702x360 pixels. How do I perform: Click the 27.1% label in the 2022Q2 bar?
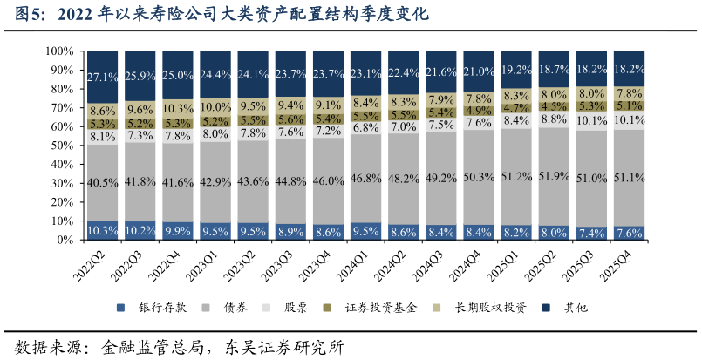pos(103,77)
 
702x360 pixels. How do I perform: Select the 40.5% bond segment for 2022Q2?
pos(103,182)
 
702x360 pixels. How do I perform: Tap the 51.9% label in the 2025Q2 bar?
pos(555,175)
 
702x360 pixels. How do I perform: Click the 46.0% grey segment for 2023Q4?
pos(329,180)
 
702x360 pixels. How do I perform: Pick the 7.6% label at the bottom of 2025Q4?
pos(630,233)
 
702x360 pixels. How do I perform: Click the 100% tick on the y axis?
pos(58,51)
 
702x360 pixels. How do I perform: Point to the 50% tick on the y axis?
pos(61,146)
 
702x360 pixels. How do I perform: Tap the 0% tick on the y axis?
pos(65,240)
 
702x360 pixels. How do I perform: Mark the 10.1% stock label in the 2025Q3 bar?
pos(592,120)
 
